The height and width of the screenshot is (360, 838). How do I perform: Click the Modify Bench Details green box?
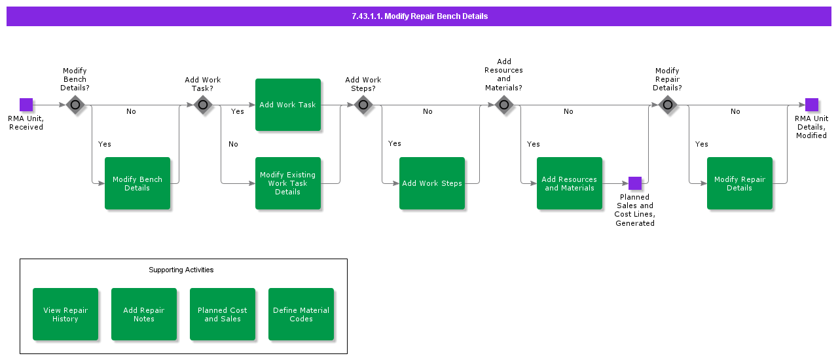[x=137, y=183]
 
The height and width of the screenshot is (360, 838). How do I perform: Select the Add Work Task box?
[x=288, y=105]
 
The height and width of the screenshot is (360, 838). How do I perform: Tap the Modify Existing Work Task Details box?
[x=288, y=183]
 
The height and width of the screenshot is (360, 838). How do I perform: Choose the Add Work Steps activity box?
[x=432, y=183]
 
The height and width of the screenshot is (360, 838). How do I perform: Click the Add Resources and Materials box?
[x=570, y=183]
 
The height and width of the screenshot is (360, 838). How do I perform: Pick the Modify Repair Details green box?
[x=740, y=183]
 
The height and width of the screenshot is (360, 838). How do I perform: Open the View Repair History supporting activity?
[x=65, y=314]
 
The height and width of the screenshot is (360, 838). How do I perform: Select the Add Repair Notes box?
[x=144, y=314]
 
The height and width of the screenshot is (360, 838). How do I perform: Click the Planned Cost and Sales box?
[x=223, y=314]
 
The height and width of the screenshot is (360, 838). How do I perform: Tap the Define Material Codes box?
[x=301, y=314]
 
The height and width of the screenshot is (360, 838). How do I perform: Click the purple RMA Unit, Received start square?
[x=26, y=105]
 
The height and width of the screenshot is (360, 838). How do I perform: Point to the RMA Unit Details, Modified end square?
[x=812, y=105]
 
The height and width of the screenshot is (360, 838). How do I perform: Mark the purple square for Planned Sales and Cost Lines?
[x=635, y=183]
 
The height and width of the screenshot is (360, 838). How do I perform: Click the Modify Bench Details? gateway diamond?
[x=75, y=105]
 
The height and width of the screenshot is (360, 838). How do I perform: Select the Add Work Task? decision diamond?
[x=203, y=105]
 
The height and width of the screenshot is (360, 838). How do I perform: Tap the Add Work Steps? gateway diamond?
[x=363, y=105]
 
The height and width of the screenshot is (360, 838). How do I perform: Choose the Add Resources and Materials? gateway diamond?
[x=503, y=105]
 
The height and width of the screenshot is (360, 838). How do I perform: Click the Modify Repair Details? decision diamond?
[x=667, y=105]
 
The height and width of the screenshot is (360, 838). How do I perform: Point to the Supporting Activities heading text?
[x=181, y=270]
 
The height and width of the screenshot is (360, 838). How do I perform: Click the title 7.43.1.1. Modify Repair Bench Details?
[x=419, y=16]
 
